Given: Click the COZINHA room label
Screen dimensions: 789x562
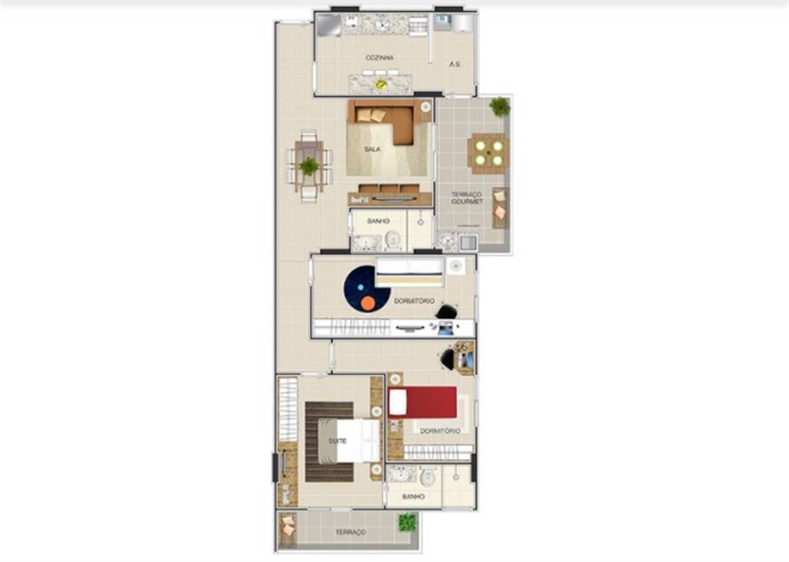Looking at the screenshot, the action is (x=379, y=58).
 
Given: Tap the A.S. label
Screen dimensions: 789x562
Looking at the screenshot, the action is (x=455, y=65).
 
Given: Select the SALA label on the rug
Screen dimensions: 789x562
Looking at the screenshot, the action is (x=372, y=149).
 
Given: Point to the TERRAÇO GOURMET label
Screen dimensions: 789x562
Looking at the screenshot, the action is (x=467, y=198).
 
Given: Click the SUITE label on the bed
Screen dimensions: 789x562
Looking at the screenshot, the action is (x=337, y=441).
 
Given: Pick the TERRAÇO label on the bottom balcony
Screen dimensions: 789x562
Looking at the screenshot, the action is (x=351, y=532).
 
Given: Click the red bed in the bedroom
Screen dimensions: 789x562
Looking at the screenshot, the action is (x=423, y=402).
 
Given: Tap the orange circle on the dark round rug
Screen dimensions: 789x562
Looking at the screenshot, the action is (x=368, y=303).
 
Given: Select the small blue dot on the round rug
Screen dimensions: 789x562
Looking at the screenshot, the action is (x=361, y=287).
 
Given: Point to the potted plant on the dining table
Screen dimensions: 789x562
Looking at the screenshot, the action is (x=309, y=166).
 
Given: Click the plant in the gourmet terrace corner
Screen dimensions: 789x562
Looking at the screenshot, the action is (x=499, y=106).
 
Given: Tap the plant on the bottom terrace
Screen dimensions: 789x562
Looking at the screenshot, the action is (x=408, y=522).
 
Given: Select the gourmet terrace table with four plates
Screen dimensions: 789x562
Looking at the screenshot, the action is (x=489, y=153).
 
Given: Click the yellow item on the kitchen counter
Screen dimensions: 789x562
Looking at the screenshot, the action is (x=381, y=85).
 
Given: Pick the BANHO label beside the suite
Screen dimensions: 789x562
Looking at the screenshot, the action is (x=413, y=497).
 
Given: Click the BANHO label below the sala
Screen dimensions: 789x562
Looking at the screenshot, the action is (x=378, y=221).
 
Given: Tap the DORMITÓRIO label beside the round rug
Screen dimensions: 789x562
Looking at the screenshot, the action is (x=414, y=301).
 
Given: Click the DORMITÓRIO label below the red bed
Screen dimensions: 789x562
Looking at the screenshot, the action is (x=440, y=431).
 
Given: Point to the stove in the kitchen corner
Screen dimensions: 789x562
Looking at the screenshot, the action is (x=328, y=25).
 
